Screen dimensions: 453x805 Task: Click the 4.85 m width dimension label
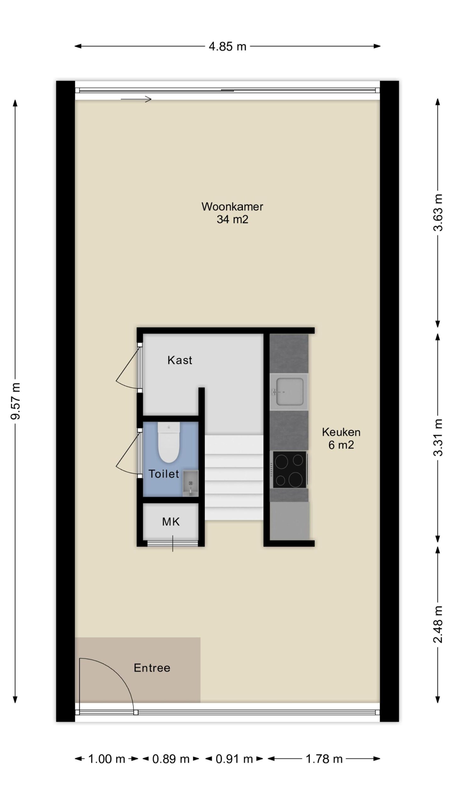click(227, 47)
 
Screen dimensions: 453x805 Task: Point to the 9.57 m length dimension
click(15, 401)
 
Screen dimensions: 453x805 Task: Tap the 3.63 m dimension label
click(438, 213)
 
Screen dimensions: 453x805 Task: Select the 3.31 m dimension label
click(438, 438)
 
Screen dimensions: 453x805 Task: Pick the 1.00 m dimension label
click(107, 759)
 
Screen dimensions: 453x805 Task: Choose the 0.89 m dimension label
click(171, 759)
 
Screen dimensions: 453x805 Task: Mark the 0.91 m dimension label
click(234, 759)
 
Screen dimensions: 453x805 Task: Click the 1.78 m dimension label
click(324, 759)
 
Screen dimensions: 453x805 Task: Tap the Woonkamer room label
click(232, 207)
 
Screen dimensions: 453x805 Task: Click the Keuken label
click(341, 432)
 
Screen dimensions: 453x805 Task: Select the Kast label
click(180, 360)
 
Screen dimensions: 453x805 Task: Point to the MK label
click(171, 522)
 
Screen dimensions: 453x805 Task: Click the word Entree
click(152, 668)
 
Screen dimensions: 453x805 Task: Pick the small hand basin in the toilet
click(190, 483)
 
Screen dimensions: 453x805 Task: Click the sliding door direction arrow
click(136, 99)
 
